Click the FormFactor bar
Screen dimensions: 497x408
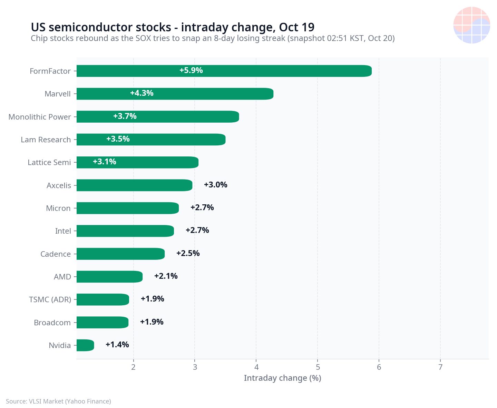tap(224, 71)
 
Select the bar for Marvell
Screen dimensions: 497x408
tap(175, 94)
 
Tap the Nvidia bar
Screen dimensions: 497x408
tap(85, 345)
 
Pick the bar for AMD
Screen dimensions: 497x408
tap(109, 276)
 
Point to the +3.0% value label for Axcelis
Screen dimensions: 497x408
tap(215, 185)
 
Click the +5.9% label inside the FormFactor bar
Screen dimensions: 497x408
tap(191, 70)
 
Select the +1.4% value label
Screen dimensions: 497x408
tap(117, 345)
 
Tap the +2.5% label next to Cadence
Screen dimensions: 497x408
tap(188, 253)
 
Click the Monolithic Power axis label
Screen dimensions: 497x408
tap(40, 117)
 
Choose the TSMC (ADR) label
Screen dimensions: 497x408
tap(50, 299)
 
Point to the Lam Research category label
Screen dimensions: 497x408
tap(46, 140)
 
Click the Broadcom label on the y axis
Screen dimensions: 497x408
tap(52, 322)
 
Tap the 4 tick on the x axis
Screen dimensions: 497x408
tap(256, 367)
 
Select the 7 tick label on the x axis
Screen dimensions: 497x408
tap(440, 367)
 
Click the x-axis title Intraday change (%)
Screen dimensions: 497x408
tap(282, 378)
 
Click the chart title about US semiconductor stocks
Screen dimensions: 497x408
tap(173, 27)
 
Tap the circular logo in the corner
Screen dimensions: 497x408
tap(471, 25)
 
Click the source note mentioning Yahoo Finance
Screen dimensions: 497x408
tap(58, 401)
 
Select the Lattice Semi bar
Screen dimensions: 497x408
tap(138, 162)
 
